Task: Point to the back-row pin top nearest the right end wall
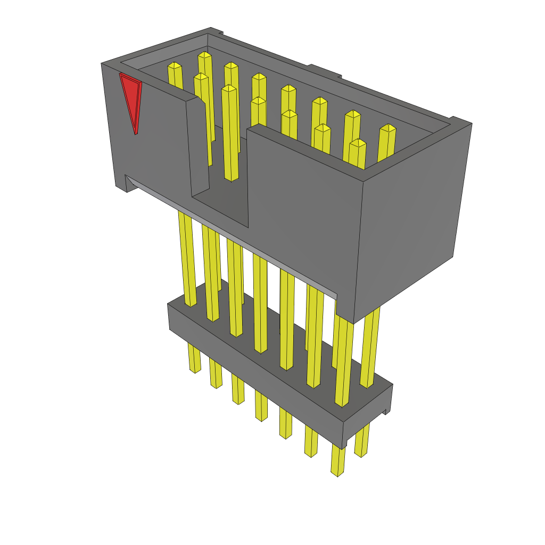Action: pos(388,129)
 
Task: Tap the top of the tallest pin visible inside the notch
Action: pos(228,88)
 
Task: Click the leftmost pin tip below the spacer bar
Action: pos(195,369)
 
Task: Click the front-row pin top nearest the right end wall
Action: pos(358,143)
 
